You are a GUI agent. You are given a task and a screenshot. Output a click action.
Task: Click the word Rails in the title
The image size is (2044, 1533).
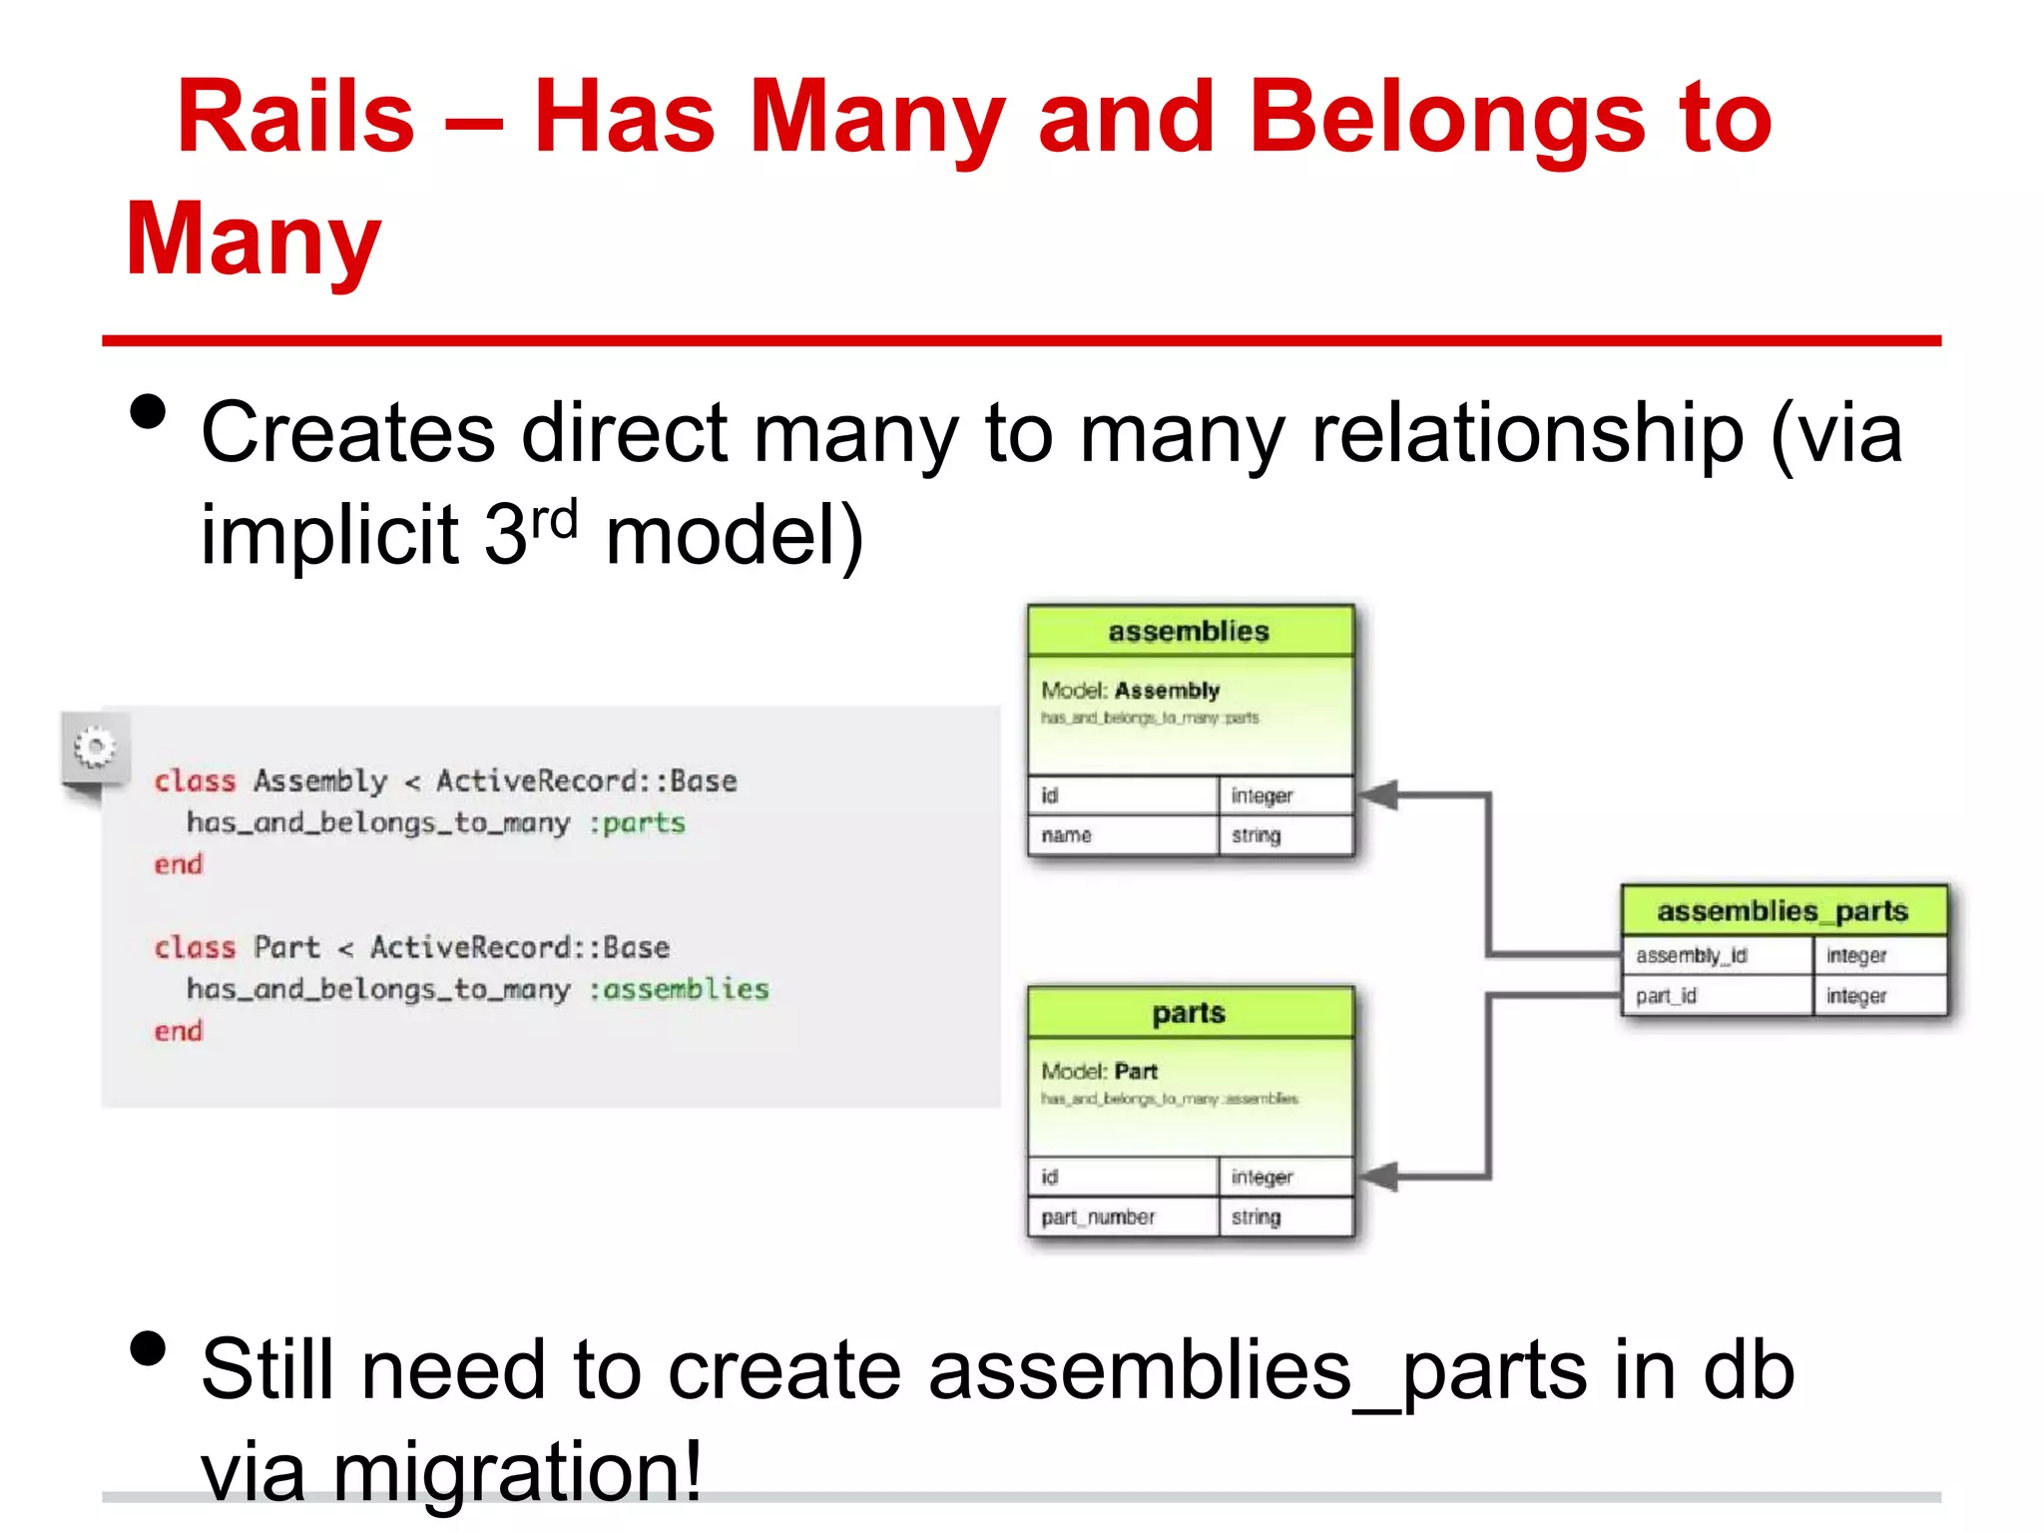295,118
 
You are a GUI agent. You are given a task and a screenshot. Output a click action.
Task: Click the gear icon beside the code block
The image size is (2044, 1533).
95,748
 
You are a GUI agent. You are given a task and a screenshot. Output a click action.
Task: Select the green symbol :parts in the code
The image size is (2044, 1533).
638,823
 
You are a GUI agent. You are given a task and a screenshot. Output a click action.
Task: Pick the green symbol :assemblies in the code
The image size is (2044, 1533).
679,989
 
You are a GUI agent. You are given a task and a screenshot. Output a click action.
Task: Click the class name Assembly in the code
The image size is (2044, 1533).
320,780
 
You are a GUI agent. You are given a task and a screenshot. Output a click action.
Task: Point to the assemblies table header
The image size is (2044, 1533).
1190,632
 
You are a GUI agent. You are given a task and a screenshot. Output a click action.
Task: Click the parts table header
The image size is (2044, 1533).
1190,1013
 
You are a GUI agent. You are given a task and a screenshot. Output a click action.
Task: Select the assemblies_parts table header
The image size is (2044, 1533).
1783,911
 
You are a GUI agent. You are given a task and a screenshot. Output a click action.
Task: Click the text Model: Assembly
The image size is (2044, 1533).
1130,691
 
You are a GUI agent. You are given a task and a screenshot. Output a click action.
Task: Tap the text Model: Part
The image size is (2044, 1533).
1099,1072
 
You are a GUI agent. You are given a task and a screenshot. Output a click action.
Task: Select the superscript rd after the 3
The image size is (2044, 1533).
554,520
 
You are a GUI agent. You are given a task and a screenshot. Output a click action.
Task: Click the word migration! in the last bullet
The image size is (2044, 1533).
517,1472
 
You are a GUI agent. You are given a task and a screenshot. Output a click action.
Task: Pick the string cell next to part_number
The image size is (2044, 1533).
1256,1217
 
